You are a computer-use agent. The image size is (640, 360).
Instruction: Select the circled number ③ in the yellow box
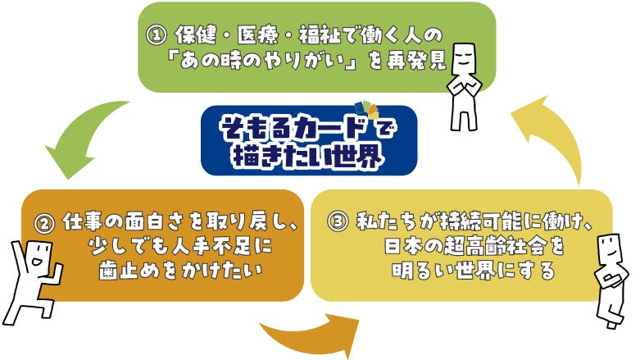pyautogui.click(x=338, y=223)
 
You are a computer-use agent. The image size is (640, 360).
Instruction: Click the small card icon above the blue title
pyautogui.click(x=366, y=113)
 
